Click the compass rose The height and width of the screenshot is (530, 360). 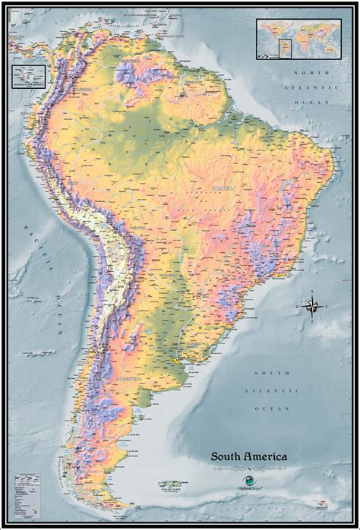(x=311, y=306)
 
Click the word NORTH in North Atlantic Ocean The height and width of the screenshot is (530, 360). (x=312, y=72)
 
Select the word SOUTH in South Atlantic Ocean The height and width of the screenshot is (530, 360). (x=271, y=373)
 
